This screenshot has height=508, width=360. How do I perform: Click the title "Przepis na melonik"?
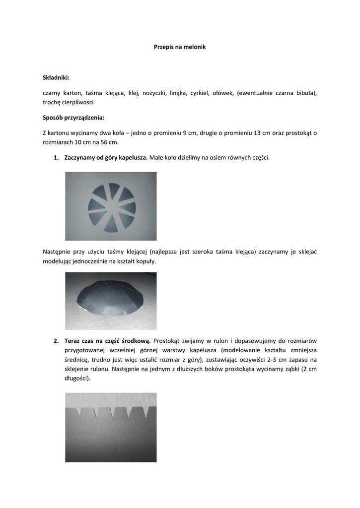[180, 47]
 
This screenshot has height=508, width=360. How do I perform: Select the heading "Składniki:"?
[56, 77]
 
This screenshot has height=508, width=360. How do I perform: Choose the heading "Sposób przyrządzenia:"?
[73, 118]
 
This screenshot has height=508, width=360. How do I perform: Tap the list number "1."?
[56, 158]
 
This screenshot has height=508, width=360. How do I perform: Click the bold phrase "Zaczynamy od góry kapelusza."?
[106, 158]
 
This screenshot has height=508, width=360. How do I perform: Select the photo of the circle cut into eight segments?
[111, 206]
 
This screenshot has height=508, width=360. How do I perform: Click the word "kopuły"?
[145, 261]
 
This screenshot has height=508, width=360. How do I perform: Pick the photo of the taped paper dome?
[111, 301]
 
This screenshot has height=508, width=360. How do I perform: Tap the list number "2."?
[56, 341]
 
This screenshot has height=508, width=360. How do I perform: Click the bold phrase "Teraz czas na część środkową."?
[108, 341]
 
